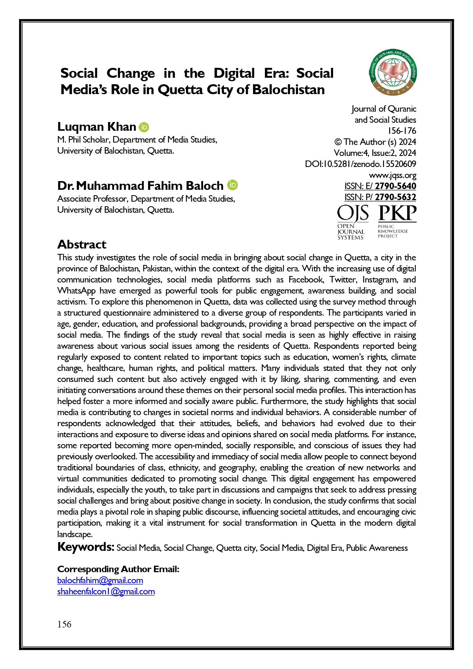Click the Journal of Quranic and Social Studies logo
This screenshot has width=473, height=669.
393,72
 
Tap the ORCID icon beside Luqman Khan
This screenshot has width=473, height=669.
144,127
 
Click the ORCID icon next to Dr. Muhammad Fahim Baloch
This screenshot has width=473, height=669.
232,185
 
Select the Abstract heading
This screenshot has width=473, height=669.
82,244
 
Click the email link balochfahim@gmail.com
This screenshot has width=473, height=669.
100,581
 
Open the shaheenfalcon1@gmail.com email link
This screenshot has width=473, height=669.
106,592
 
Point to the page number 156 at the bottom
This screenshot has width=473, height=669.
64,624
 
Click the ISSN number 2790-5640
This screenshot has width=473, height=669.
395,186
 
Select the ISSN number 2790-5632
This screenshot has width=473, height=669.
395,197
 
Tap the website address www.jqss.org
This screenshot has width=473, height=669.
393,175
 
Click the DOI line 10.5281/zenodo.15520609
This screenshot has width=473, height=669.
361,164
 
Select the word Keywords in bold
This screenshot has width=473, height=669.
86,547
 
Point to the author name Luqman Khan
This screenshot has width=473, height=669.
96,127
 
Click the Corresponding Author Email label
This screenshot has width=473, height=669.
118,569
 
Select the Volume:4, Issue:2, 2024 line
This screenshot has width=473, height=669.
375,153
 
